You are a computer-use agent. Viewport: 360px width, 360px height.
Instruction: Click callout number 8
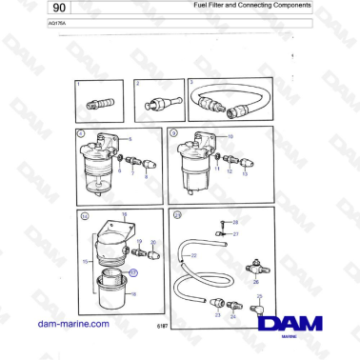point(146,177)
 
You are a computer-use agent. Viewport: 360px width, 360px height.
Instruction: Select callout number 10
point(229,138)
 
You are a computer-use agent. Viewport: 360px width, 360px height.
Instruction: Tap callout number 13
point(245,174)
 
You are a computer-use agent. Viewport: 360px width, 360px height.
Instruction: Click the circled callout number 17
point(133,272)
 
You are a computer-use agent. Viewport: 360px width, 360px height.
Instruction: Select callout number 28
point(235,221)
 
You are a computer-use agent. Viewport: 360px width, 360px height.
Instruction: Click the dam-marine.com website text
point(73,323)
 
